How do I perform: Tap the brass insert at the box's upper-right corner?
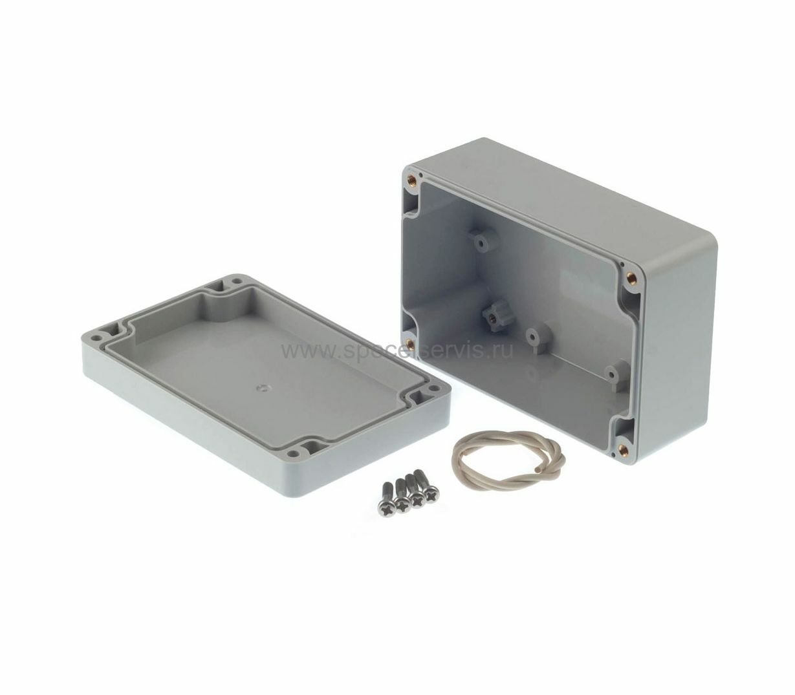pos(631,277)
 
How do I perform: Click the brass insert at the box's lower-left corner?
pos(409,343)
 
